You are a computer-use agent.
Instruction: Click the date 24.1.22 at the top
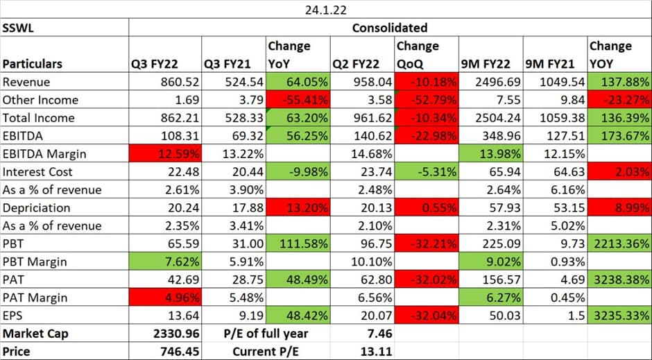point(325,10)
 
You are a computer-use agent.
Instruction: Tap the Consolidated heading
point(389,28)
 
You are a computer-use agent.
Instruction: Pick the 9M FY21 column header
point(556,64)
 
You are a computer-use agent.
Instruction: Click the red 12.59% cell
point(165,153)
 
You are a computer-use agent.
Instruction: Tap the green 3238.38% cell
point(619,280)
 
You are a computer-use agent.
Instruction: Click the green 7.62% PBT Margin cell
point(165,262)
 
